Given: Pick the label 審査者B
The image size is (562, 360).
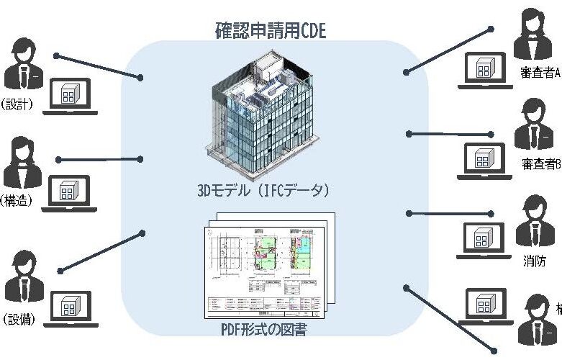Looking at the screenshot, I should [x=540, y=163].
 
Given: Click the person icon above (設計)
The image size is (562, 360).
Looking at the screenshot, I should [x=24, y=66].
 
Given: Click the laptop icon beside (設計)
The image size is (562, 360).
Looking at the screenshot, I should [x=70, y=97].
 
